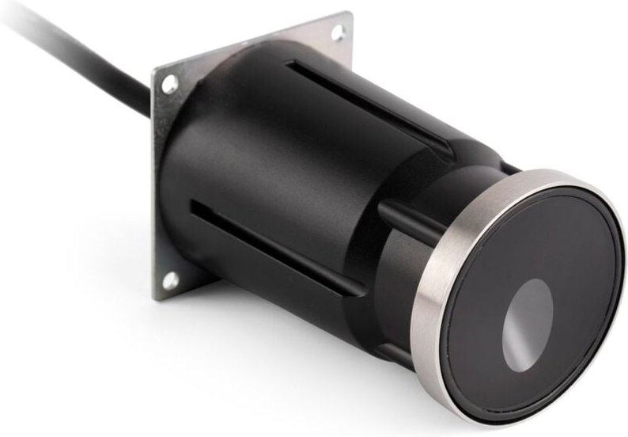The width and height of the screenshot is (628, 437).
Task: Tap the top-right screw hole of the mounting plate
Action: (x=338, y=32)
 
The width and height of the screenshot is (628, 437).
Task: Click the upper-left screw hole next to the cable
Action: (x=169, y=82)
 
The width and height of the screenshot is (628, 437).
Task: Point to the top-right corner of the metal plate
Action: (x=348, y=16)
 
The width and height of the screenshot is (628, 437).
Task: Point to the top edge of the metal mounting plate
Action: (x=253, y=40)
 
